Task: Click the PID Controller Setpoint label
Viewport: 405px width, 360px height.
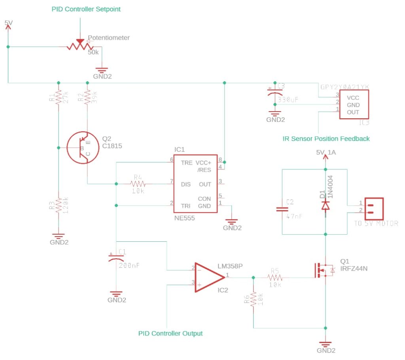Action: (x=86, y=9)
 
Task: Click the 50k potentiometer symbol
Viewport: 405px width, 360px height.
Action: (x=80, y=46)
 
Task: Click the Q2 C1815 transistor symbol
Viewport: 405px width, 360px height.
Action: (x=82, y=148)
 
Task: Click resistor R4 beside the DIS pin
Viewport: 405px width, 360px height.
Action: (x=138, y=184)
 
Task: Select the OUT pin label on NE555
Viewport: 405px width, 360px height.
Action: (x=205, y=184)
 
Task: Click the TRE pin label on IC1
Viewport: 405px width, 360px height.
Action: (x=187, y=163)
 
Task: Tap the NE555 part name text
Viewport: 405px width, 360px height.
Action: (x=184, y=218)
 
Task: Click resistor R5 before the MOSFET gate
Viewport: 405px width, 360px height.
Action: (x=274, y=278)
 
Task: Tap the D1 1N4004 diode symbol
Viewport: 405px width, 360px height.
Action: (x=325, y=205)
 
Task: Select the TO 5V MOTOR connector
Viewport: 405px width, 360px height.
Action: (x=374, y=208)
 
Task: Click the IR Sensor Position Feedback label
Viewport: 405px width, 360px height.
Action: (x=326, y=138)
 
